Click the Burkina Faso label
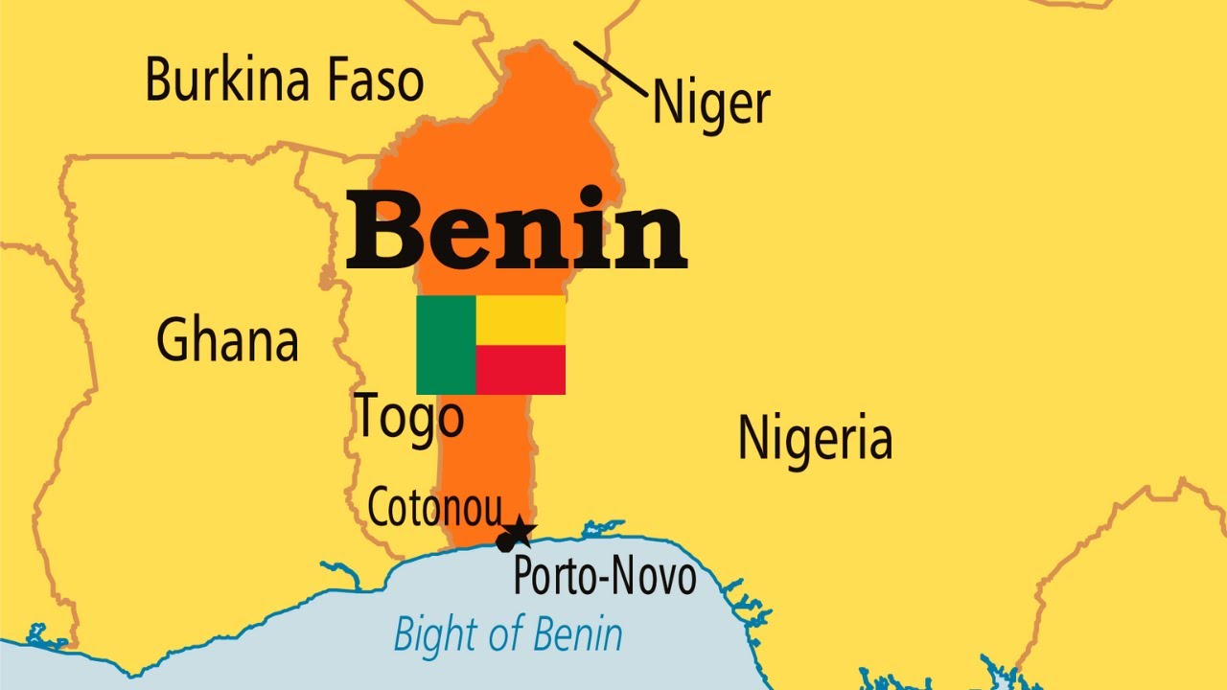[x=284, y=79]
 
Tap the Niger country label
[x=710, y=103]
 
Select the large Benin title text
[x=516, y=230]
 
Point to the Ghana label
[x=227, y=340]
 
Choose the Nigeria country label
[x=815, y=437]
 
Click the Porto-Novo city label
[x=605, y=576]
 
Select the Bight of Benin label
[x=508, y=633]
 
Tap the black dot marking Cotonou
[x=505, y=543]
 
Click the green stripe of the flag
[x=446, y=345]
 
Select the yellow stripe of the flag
[x=521, y=320]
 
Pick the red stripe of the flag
[x=521, y=370]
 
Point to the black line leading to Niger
[x=610, y=68]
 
